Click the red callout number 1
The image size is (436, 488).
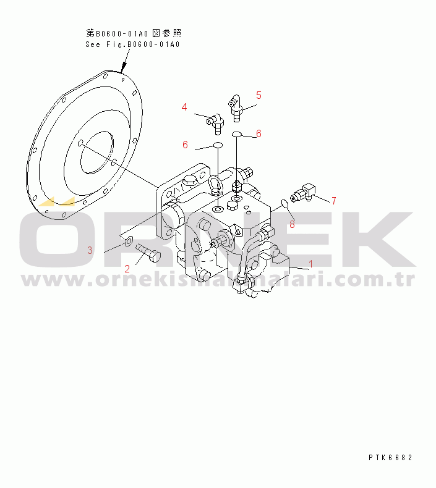311,264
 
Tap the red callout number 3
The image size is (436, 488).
90,250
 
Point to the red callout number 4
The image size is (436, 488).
184,107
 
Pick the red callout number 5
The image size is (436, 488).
259,95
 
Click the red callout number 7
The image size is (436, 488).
333,200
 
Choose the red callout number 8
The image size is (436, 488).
292,224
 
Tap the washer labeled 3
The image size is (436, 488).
128,241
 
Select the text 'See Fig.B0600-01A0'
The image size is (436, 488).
132,44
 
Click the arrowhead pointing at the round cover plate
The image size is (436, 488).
125,68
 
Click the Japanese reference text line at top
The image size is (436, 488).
134,33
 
